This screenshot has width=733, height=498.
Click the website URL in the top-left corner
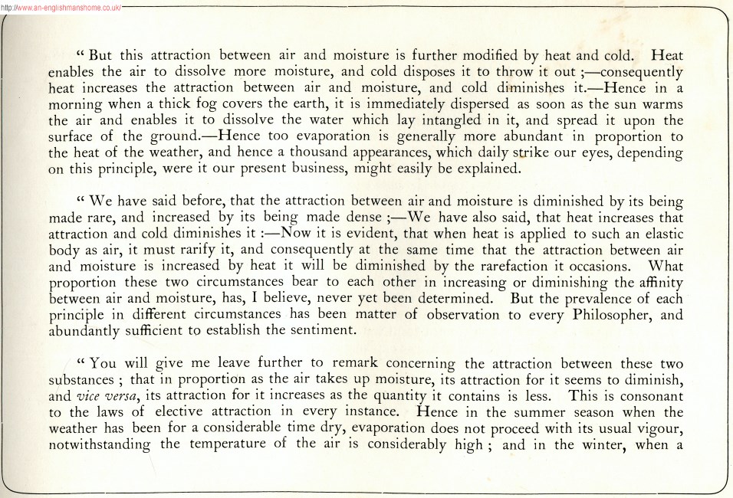(61, 5)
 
